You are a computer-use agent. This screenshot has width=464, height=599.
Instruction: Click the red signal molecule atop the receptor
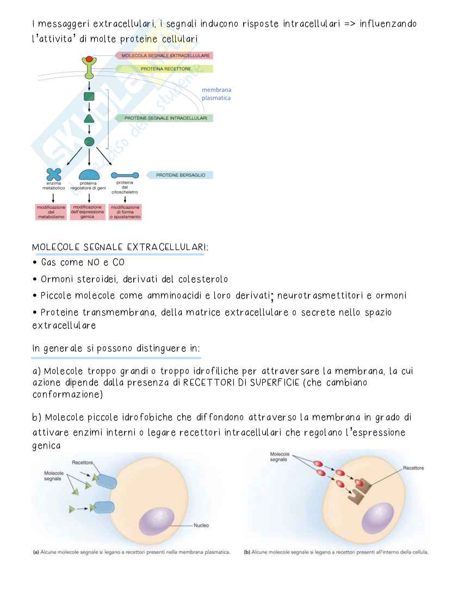89,59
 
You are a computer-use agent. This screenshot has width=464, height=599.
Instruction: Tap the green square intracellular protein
89,97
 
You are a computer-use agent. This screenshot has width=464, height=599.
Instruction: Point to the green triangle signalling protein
89,118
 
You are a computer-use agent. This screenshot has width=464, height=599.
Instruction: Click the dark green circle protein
89,141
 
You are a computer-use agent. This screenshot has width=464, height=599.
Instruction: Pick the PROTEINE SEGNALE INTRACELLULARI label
165,118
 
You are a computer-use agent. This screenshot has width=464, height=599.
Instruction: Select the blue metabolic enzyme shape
53,174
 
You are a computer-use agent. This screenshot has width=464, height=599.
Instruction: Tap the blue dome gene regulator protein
89,174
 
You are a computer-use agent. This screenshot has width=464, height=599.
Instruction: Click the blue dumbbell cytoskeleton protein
125,175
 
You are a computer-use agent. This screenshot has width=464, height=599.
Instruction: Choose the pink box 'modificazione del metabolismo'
51,212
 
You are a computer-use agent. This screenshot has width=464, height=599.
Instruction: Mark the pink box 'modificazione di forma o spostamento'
126,212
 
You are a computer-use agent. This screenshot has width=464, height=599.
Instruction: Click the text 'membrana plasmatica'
216,94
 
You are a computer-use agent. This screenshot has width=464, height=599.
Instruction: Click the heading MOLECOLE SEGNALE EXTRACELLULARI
120,247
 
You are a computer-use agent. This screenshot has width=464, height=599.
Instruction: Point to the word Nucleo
201,525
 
